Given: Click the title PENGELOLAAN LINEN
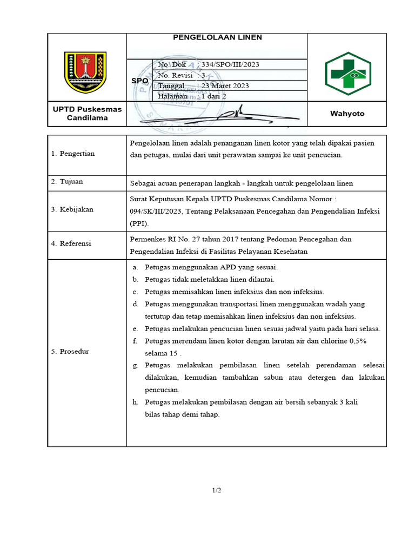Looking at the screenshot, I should pos(217,37).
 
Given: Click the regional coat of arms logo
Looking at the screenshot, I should pos(85,72).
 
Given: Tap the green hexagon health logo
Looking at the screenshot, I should pos(347,74).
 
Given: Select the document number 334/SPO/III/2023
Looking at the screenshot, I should pos(230,64).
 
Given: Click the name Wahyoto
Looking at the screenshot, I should pos(347,114).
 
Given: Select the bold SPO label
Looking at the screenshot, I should pos(140,81).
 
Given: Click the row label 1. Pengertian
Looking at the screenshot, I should pos(73,154).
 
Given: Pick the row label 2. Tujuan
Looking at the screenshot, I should pos(68,182).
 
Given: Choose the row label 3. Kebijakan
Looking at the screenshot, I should pos(72,209).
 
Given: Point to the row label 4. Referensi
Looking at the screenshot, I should pos(71,243).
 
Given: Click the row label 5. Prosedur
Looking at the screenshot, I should pos(70,352).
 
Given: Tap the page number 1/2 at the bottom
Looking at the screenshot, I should pos(217,490).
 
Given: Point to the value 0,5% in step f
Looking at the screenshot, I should pos(357,341).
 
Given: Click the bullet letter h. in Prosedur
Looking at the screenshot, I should pos(136,403).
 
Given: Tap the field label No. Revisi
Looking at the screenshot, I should pos(175,75).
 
